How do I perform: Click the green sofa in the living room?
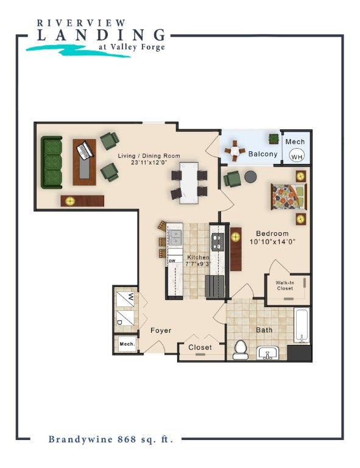[x=52, y=162]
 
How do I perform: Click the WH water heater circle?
[x=297, y=157]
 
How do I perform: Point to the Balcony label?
[x=263, y=154]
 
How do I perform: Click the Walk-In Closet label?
[x=284, y=285]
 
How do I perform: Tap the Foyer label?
[x=161, y=331]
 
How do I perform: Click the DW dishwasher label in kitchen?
[x=172, y=261]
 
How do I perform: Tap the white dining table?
[x=189, y=181]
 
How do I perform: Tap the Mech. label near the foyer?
[x=127, y=344]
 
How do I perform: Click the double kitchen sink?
[x=175, y=235]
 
